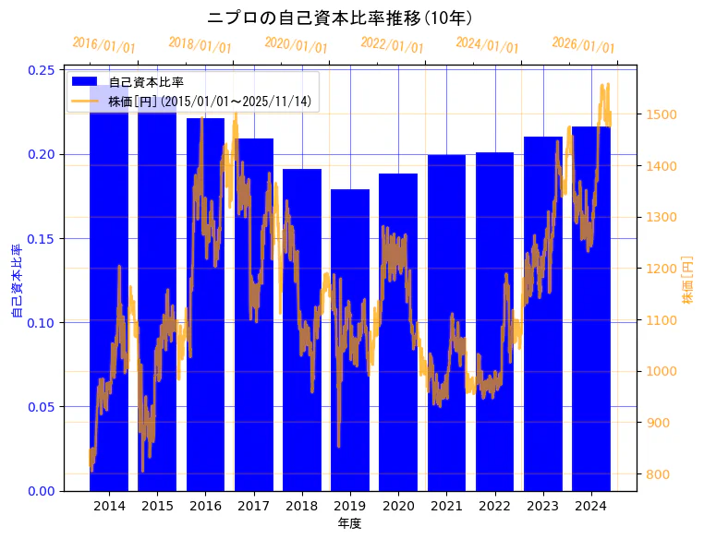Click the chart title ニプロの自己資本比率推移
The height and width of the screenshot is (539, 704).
(341, 18)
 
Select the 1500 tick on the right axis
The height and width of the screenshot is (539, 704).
(664, 115)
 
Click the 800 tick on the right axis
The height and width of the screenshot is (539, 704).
(661, 474)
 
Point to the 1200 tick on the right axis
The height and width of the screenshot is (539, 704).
(664, 269)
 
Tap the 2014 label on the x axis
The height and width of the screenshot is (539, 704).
(109, 507)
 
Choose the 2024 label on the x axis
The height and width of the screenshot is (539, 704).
(590, 507)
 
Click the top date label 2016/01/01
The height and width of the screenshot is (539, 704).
(103, 45)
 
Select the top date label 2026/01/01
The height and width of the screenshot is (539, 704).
(583, 45)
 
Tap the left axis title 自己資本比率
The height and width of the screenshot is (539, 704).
(17, 281)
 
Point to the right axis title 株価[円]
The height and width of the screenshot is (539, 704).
(688, 281)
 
